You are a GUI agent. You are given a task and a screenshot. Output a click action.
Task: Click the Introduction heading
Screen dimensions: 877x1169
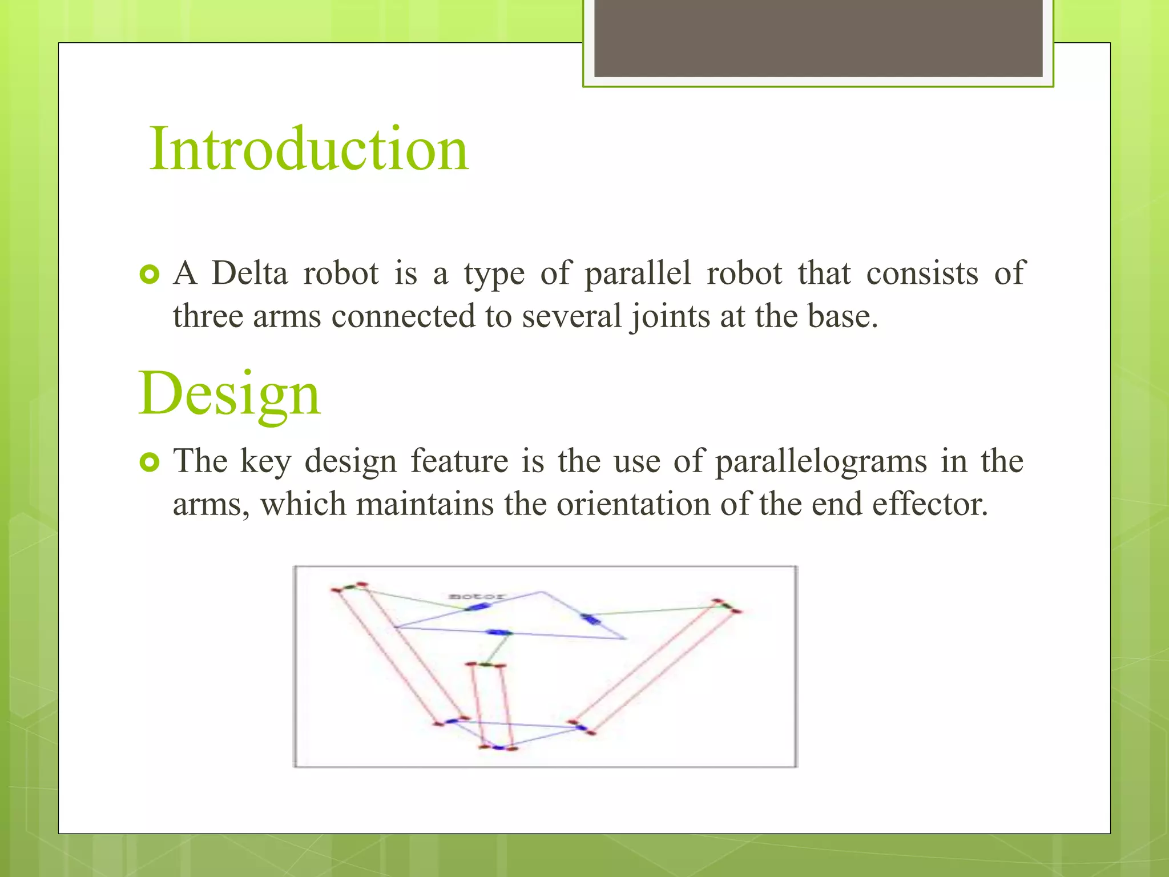(x=309, y=150)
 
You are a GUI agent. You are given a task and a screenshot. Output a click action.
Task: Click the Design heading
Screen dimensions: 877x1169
(x=229, y=394)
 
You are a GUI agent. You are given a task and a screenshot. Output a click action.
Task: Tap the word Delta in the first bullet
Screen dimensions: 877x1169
(x=249, y=273)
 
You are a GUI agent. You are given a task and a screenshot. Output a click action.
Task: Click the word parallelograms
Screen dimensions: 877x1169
(x=821, y=461)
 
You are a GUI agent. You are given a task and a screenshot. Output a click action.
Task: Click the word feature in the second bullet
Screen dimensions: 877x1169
(x=459, y=461)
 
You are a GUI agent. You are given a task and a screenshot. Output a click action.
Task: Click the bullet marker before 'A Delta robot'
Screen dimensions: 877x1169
(x=150, y=275)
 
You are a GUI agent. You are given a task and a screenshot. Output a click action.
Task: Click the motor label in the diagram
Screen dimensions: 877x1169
(x=477, y=596)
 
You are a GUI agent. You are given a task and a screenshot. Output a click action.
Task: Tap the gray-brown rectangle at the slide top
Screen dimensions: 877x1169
(x=818, y=38)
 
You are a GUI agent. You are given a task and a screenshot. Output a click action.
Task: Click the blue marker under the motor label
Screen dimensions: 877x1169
(x=478, y=606)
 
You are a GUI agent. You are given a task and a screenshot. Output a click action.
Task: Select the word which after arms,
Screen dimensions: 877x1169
(x=303, y=505)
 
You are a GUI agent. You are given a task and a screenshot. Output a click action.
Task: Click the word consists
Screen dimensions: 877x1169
(x=922, y=273)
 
